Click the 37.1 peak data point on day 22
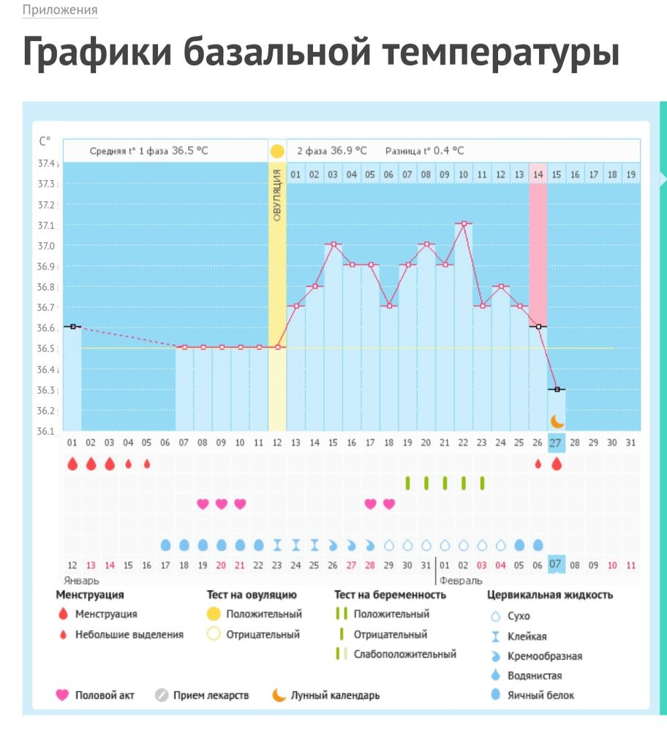pyautogui.click(x=463, y=223)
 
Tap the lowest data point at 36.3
pyautogui.click(x=557, y=389)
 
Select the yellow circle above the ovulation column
pyautogui.click(x=277, y=152)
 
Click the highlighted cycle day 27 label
pyautogui.click(x=556, y=443)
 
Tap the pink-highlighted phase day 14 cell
pyautogui.click(x=538, y=174)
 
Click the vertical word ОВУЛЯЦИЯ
pyautogui.click(x=277, y=194)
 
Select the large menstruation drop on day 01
pyautogui.click(x=72, y=464)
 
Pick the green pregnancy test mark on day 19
pyautogui.click(x=407, y=483)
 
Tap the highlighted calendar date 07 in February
pyautogui.click(x=556, y=564)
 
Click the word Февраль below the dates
pyautogui.click(x=460, y=580)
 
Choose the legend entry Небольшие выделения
pyautogui.click(x=129, y=634)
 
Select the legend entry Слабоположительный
pyautogui.click(x=404, y=654)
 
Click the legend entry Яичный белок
pyautogui.click(x=540, y=695)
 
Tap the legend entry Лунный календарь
pyautogui.click(x=335, y=695)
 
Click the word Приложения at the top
pyautogui.click(x=60, y=11)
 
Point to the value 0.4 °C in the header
pyautogui.click(x=448, y=151)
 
